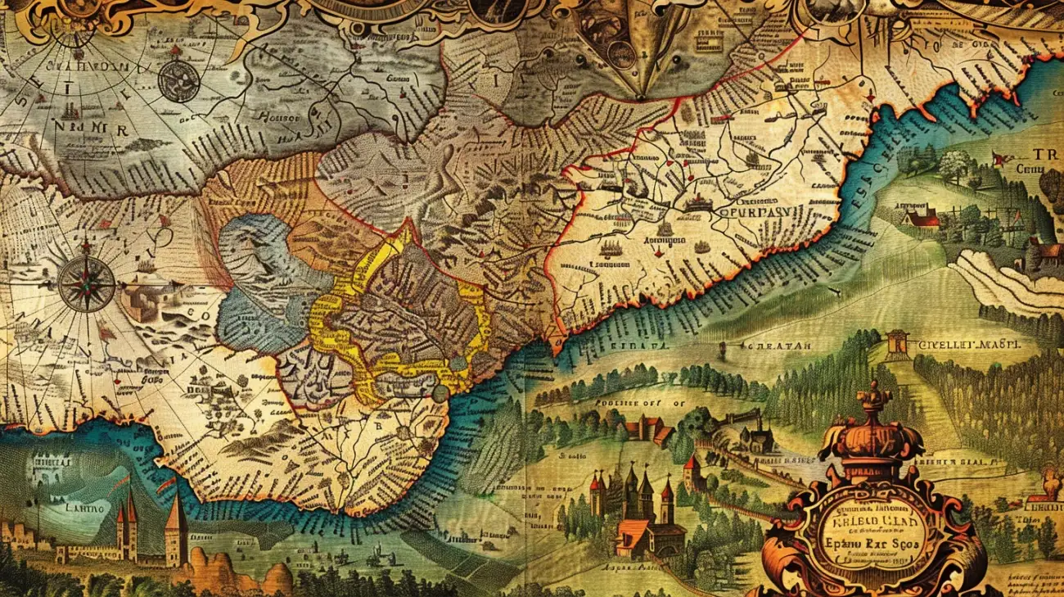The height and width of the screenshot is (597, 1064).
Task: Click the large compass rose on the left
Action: tap(86, 283)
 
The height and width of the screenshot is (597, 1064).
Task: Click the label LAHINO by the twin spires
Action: tap(67, 508)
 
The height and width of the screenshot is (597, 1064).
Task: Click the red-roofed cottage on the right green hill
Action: tap(921, 217)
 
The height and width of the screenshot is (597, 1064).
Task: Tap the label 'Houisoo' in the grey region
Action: tap(280, 117)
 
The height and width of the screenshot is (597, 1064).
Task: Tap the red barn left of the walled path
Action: tap(647, 427)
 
